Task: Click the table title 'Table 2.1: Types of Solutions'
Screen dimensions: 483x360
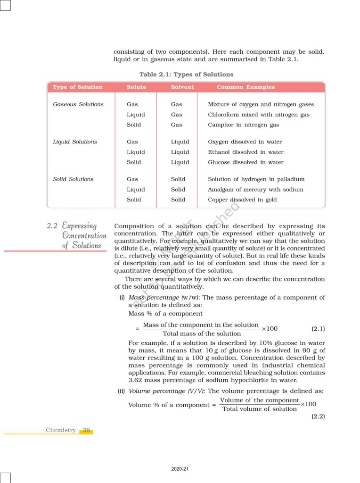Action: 186,75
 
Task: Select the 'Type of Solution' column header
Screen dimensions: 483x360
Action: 78,87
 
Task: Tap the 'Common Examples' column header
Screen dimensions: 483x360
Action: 245,87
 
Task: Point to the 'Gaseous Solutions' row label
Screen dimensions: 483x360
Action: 78,104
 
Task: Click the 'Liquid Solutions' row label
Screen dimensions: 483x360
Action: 75,142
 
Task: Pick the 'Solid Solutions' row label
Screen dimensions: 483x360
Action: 73,179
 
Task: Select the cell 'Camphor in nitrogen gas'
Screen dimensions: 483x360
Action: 243,125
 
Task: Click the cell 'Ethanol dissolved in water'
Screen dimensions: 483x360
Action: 245,152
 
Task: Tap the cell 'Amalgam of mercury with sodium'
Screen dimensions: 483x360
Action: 255,190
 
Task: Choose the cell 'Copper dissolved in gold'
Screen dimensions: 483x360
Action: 242,200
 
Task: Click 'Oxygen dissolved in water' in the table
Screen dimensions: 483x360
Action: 245,142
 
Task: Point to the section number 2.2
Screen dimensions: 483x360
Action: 52,226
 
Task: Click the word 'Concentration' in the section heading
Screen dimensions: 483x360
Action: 84,235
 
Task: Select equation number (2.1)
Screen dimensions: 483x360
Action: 318,328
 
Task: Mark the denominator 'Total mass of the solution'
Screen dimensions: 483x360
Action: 202,333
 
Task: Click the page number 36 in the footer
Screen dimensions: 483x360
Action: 86,430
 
